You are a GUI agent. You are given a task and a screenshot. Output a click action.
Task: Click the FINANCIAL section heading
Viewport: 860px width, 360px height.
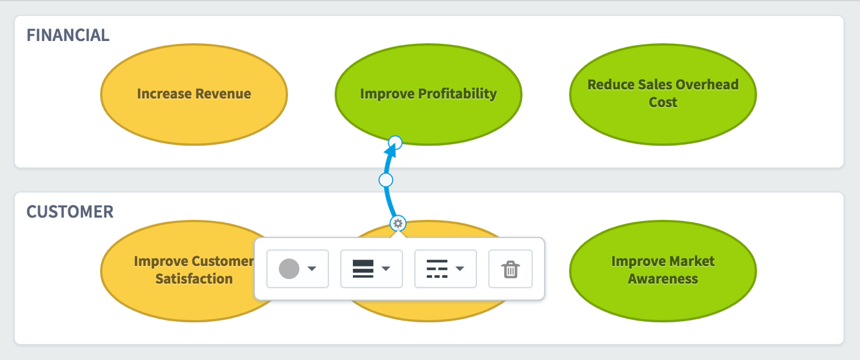point(68,36)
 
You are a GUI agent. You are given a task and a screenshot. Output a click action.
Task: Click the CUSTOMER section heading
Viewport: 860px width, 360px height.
point(70,212)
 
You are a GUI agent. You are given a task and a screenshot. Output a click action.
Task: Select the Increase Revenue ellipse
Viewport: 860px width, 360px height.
point(194,95)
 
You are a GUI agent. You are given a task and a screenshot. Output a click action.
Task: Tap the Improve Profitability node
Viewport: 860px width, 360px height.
point(428,95)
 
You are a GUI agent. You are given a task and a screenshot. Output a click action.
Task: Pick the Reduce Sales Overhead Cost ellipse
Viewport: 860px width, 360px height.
point(663,95)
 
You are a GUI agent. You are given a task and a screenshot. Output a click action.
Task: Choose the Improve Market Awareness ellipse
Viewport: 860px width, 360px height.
point(663,271)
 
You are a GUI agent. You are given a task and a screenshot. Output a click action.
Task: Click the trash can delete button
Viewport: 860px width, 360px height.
point(510,269)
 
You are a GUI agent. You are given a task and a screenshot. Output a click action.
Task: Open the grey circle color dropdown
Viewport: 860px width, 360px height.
point(298,269)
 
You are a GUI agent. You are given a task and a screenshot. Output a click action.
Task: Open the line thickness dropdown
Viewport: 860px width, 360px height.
point(371,269)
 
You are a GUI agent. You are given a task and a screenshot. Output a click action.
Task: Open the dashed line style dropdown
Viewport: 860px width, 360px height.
point(445,269)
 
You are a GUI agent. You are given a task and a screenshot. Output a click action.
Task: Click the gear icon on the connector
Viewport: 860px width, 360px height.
point(398,223)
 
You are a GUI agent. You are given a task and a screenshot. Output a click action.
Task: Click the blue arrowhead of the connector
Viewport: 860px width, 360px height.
point(391,151)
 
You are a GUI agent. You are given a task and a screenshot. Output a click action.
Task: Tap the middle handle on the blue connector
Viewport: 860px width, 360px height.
point(386,179)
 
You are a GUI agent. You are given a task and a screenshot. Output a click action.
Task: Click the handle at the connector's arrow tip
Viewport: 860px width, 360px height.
point(395,142)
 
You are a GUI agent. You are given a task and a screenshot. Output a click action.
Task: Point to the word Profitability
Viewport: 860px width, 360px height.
point(457,94)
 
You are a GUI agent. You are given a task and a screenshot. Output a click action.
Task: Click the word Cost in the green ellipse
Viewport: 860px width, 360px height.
point(663,102)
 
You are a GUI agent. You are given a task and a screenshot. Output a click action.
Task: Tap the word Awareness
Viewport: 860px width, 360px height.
point(663,279)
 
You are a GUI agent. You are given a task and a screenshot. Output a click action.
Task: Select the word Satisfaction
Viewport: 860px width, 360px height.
point(194,279)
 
